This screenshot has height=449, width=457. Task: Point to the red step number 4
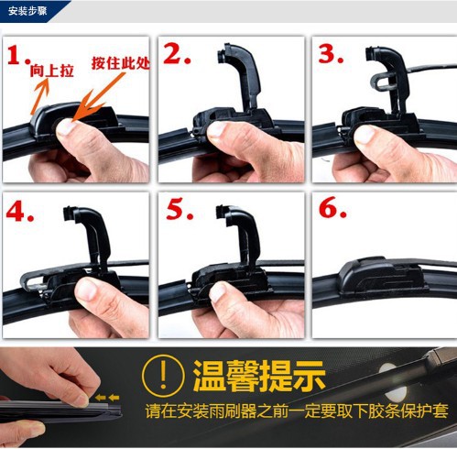tap(19, 212)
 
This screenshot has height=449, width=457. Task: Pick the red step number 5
tap(180, 210)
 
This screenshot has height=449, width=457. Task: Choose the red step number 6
tap(332, 208)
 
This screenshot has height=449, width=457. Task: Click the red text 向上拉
tap(51, 71)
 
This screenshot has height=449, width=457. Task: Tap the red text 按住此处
tap(121, 63)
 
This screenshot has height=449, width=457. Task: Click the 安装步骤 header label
tap(27, 12)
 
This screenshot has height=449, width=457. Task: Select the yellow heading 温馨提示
tap(259, 376)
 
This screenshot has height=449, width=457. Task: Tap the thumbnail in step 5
tap(218, 292)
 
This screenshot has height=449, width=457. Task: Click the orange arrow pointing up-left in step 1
tap(40, 95)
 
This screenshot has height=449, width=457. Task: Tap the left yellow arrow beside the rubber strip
tap(100, 398)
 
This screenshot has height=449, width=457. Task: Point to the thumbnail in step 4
tap(86, 290)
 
